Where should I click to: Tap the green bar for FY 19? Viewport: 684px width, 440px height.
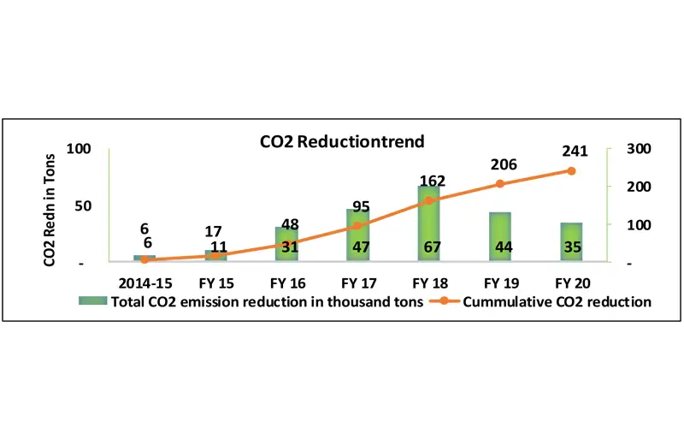(500, 236)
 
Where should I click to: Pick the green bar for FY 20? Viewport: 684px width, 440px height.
(571, 241)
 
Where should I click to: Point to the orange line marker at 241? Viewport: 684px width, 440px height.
(571, 170)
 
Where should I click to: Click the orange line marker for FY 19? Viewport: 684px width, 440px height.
(500, 184)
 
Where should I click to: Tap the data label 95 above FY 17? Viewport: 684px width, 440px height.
(360, 205)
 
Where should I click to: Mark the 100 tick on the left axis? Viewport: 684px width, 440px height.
(78, 149)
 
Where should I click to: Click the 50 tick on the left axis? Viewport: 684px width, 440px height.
(82, 206)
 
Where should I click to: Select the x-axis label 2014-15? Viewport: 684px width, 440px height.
(144, 282)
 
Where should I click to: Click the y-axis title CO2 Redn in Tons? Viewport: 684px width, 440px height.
(50, 198)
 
